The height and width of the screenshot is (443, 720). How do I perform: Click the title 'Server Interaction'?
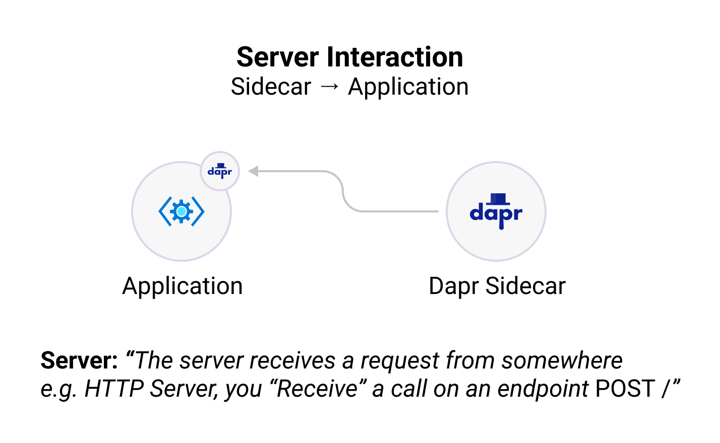(349, 57)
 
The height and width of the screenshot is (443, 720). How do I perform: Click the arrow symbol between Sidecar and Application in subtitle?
(330, 87)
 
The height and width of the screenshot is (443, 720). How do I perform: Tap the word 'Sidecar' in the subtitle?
(271, 87)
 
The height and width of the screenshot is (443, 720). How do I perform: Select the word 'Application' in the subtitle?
(408, 87)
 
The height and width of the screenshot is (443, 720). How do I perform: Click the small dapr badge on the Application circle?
(220, 171)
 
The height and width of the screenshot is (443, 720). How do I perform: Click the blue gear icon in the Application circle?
(182, 211)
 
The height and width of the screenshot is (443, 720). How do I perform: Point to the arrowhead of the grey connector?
(254, 171)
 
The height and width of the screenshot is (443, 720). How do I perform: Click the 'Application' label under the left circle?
(183, 286)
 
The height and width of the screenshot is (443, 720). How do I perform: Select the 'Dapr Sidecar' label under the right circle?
(497, 286)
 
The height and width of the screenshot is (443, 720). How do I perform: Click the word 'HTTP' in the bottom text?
(114, 389)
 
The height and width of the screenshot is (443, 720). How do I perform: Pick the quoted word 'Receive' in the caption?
(318, 389)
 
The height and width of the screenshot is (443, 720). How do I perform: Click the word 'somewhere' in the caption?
(562, 360)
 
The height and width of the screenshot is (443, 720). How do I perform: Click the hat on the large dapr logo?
(498, 199)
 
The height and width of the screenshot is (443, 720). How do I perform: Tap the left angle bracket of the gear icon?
(164, 211)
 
